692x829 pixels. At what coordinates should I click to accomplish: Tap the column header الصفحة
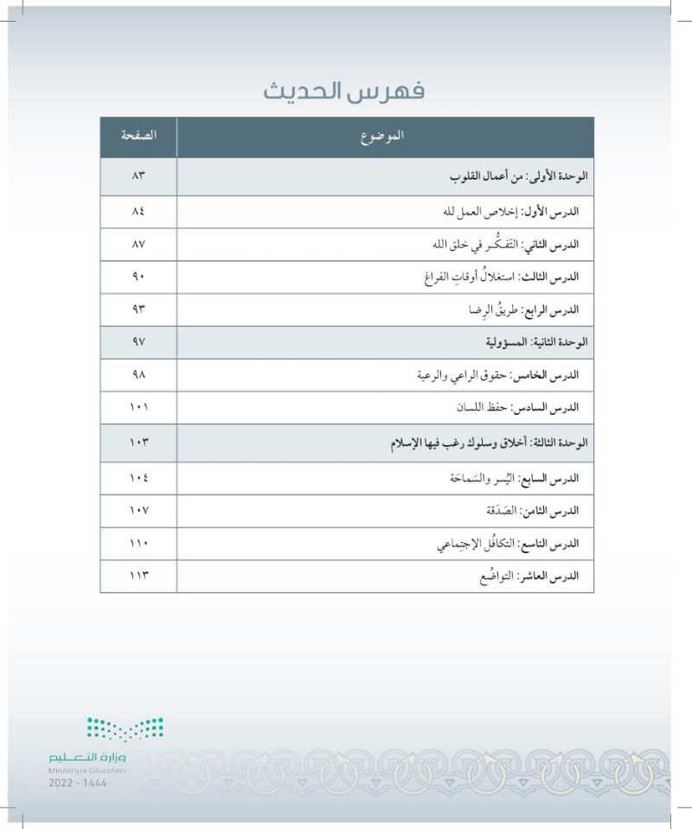138,137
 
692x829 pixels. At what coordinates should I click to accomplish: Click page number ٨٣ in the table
138,176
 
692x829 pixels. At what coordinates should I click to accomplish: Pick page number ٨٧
138,245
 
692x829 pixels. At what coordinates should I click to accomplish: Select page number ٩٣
138,309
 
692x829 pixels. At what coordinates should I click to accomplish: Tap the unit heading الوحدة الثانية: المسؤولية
532,342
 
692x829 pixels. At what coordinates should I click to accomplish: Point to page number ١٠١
138,407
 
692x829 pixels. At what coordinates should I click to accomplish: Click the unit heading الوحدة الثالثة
490,443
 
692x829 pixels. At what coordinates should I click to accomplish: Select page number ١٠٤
138,477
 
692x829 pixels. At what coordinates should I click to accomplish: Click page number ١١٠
138,544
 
